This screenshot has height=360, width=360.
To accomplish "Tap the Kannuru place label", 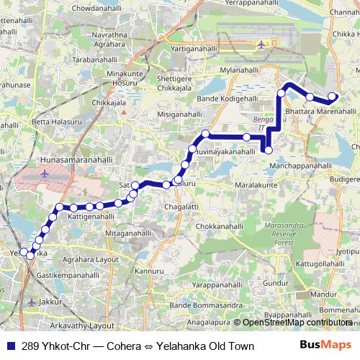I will tap(150, 270).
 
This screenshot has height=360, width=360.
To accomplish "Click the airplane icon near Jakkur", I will tap(31, 302).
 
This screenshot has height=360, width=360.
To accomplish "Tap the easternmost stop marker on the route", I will tap(332, 96).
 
